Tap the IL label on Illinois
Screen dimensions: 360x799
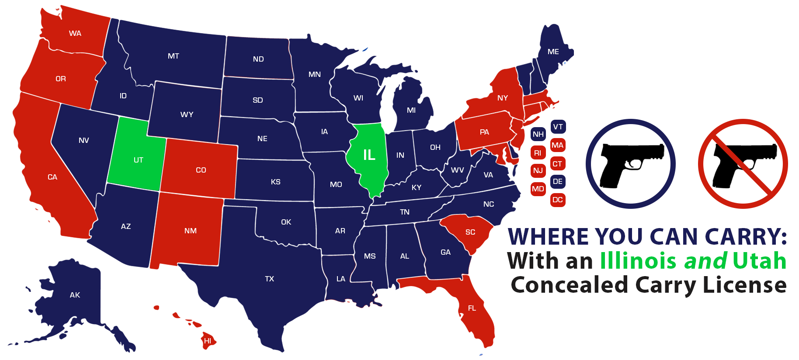tap(369, 155)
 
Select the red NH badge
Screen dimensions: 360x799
tap(538, 134)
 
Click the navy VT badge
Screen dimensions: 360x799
tap(558, 127)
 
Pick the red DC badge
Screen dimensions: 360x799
tap(557, 200)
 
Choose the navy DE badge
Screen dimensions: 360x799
tap(557, 181)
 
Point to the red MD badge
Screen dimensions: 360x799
tap(538, 189)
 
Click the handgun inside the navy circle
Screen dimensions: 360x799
tap(630, 164)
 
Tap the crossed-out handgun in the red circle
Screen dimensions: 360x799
tap(743, 164)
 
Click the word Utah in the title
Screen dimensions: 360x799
tap(760, 261)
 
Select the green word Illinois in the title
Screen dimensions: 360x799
tap(638, 261)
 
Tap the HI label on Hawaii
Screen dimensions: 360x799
tap(208, 341)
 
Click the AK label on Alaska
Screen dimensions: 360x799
tap(75, 295)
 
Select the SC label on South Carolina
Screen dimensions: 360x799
tap(470, 232)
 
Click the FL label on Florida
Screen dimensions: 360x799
tap(472, 308)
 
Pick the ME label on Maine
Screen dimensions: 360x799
tap(553, 52)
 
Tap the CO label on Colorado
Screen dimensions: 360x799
tap(201, 170)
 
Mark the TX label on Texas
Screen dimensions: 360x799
tap(269, 279)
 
